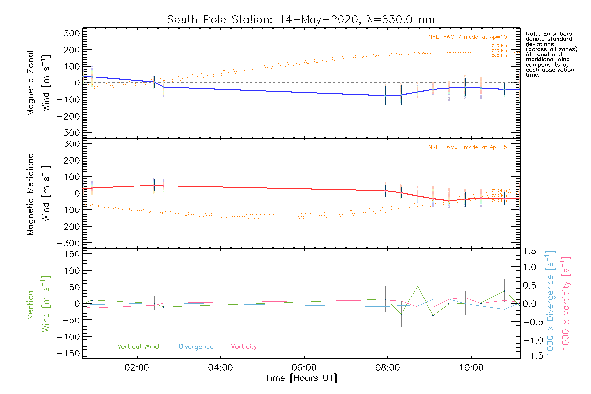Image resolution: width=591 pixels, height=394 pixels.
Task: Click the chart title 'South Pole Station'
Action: (219, 20)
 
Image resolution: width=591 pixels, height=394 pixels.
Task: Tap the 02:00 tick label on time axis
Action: (137, 368)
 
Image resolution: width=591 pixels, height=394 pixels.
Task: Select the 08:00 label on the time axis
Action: (387, 368)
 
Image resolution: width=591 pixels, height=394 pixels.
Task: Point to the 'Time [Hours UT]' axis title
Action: (301, 378)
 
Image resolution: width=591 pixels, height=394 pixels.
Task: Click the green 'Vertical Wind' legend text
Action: (138, 347)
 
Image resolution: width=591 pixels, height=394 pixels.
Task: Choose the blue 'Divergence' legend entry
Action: (196, 347)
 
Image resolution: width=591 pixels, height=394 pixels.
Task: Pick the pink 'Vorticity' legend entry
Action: (244, 347)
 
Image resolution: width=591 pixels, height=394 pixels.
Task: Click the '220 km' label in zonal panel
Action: (499, 46)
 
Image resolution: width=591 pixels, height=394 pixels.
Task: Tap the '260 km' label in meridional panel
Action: (499, 200)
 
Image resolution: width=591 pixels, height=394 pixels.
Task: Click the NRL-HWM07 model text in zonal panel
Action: (468, 37)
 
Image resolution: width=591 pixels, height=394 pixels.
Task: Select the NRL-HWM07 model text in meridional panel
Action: (468, 147)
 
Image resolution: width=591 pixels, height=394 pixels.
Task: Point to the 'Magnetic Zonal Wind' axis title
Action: (39, 83)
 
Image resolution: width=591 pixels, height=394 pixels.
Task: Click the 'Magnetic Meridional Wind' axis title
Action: (39, 193)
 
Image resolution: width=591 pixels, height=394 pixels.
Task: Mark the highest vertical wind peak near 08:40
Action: (417, 287)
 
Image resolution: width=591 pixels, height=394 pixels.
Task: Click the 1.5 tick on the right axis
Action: (529, 251)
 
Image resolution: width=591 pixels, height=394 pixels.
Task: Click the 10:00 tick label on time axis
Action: (471, 368)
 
